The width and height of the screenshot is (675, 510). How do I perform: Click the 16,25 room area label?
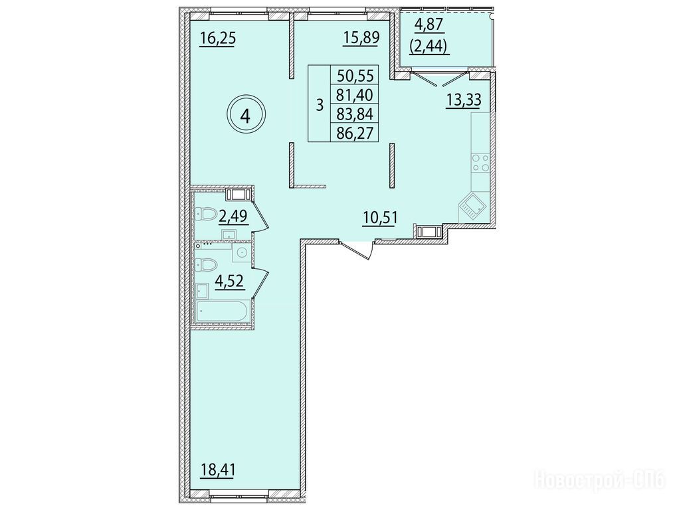pos(217,39)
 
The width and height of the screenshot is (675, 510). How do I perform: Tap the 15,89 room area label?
pos(361,37)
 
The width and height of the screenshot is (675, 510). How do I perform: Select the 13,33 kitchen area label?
pos(463,101)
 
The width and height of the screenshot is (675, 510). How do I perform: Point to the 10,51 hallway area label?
pos(379,217)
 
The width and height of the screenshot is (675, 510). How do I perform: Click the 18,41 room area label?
pos(218,469)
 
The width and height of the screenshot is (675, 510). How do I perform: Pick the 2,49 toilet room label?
pos(233,216)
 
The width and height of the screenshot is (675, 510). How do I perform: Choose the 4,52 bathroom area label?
pos(231,282)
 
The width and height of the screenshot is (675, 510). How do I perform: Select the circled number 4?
pos(246,116)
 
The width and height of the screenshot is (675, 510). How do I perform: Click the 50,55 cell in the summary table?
pos(355,76)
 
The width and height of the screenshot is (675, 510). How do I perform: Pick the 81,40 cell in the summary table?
pos(355,94)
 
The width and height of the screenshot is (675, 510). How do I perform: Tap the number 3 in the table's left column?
pos(319,104)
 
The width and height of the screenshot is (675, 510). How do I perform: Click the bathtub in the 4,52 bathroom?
pos(222,311)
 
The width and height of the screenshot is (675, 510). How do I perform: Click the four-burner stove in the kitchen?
pos(480,163)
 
